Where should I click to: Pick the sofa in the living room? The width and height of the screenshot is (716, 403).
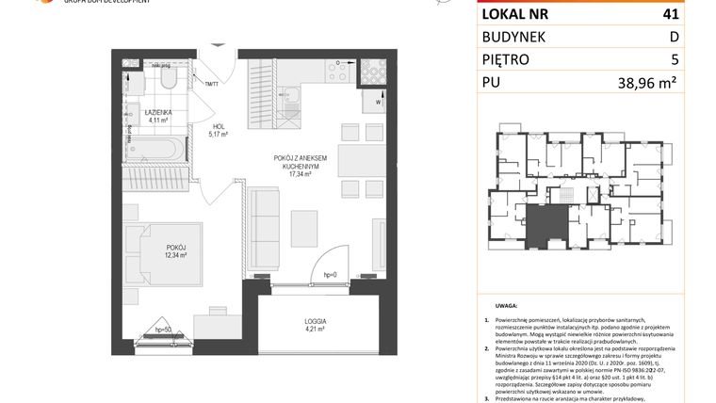click(262, 213)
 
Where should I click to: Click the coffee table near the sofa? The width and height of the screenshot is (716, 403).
click(303, 226)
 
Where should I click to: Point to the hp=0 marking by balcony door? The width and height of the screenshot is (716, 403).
click(330, 273)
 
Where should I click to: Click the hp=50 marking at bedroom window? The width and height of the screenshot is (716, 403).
click(164, 329)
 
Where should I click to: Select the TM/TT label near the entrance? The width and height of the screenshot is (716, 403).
click(211, 85)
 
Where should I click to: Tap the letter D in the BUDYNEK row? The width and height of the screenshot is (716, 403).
click(699, 37)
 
